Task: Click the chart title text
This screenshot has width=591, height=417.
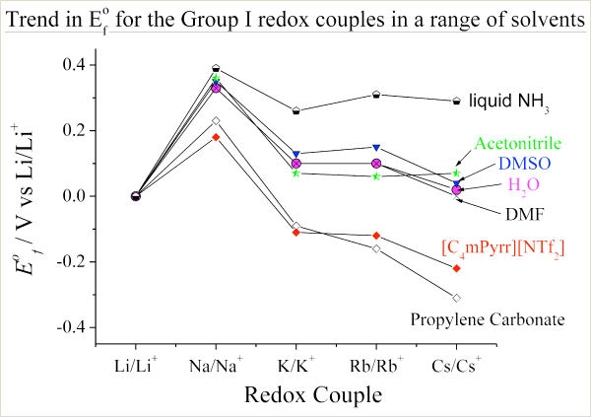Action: click(295, 19)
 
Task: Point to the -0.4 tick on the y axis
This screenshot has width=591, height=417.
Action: click(76, 327)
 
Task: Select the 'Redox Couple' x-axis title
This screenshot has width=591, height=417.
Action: click(295, 394)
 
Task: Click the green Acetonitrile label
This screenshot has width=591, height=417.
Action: click(519, 144)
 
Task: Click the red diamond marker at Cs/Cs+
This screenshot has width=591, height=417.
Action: click(456, 268)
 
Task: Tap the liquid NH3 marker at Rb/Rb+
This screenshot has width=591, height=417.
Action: click(376, 95)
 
